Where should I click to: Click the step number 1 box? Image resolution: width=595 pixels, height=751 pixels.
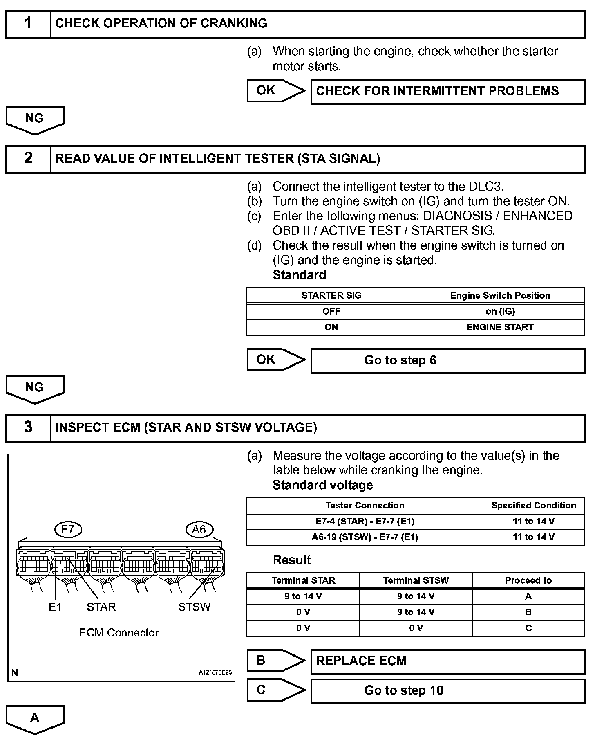tap(28, 24)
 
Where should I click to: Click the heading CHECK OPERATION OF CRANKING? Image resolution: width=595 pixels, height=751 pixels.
tap(161, 23)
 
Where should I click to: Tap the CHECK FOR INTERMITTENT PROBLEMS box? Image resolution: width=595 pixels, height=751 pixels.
tap(447, 91)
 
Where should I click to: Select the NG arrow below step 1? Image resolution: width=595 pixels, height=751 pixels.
tap(35, 119)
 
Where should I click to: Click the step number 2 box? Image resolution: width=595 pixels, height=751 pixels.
tap(28, 159)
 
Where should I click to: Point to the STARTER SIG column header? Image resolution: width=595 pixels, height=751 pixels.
tap(331, 295)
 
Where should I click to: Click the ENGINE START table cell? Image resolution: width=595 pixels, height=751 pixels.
tap(500, 327)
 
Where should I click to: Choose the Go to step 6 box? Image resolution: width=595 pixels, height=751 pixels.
tap(447, 360)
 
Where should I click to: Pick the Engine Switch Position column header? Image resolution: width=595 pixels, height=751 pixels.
tap(500, 295)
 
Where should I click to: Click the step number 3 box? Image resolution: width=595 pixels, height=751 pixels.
tap(28, 428)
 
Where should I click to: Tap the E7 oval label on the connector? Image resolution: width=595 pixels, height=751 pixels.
tap(68, 530)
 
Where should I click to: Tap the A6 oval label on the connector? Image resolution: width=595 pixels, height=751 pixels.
tap(199, 530)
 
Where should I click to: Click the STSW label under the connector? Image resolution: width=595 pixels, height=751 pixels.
tap(194, 607)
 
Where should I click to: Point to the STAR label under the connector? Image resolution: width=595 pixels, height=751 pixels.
tap(101, 607)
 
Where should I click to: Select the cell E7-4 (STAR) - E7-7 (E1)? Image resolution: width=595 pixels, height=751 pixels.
tap(365, 522)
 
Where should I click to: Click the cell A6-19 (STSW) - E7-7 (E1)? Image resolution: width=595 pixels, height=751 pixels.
tap(365, 537)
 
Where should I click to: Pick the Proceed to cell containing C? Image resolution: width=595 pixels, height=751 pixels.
tap(528, 628)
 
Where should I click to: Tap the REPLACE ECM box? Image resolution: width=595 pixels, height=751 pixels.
tap(447, 661)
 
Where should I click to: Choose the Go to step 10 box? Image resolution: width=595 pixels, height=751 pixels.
tap(447, 691)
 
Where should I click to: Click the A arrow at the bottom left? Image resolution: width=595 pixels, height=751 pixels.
tap(35, 719)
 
